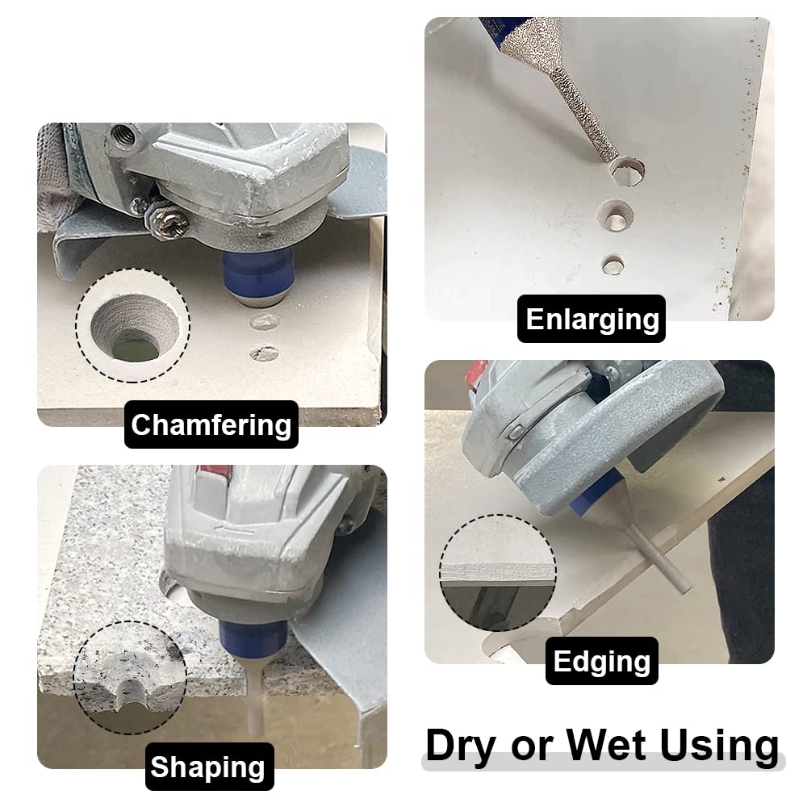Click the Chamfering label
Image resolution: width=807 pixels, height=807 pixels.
click(x=211, y=424)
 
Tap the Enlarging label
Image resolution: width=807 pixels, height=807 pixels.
click(x=592, y=319)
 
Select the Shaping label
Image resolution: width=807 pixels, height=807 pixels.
click(x=209, y=767)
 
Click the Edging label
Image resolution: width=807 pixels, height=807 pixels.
click(x=602, y=661)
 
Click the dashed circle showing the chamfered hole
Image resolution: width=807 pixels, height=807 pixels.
click(x=133, y=327)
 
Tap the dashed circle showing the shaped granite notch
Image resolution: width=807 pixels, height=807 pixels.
click(x=129, y=677)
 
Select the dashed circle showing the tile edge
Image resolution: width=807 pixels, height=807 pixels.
click(x=498, y=573)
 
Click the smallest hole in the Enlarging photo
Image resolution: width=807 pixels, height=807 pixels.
click(x=613, y=263)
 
